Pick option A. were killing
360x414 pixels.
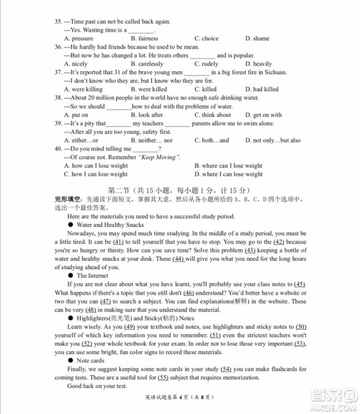(84, 89)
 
